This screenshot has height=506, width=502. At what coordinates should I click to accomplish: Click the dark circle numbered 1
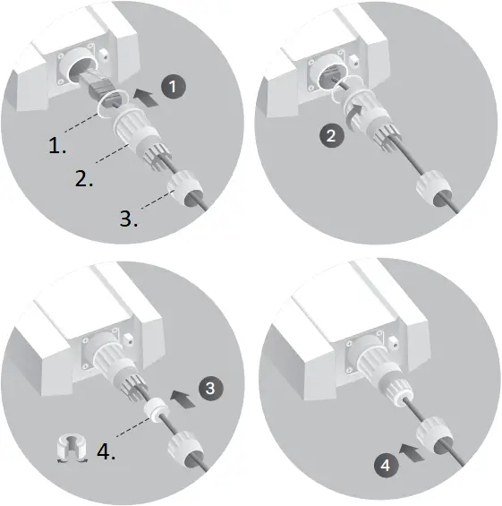176,87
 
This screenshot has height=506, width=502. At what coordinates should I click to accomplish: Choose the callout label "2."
85,179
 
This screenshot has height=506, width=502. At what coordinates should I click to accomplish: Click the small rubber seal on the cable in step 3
158,407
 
